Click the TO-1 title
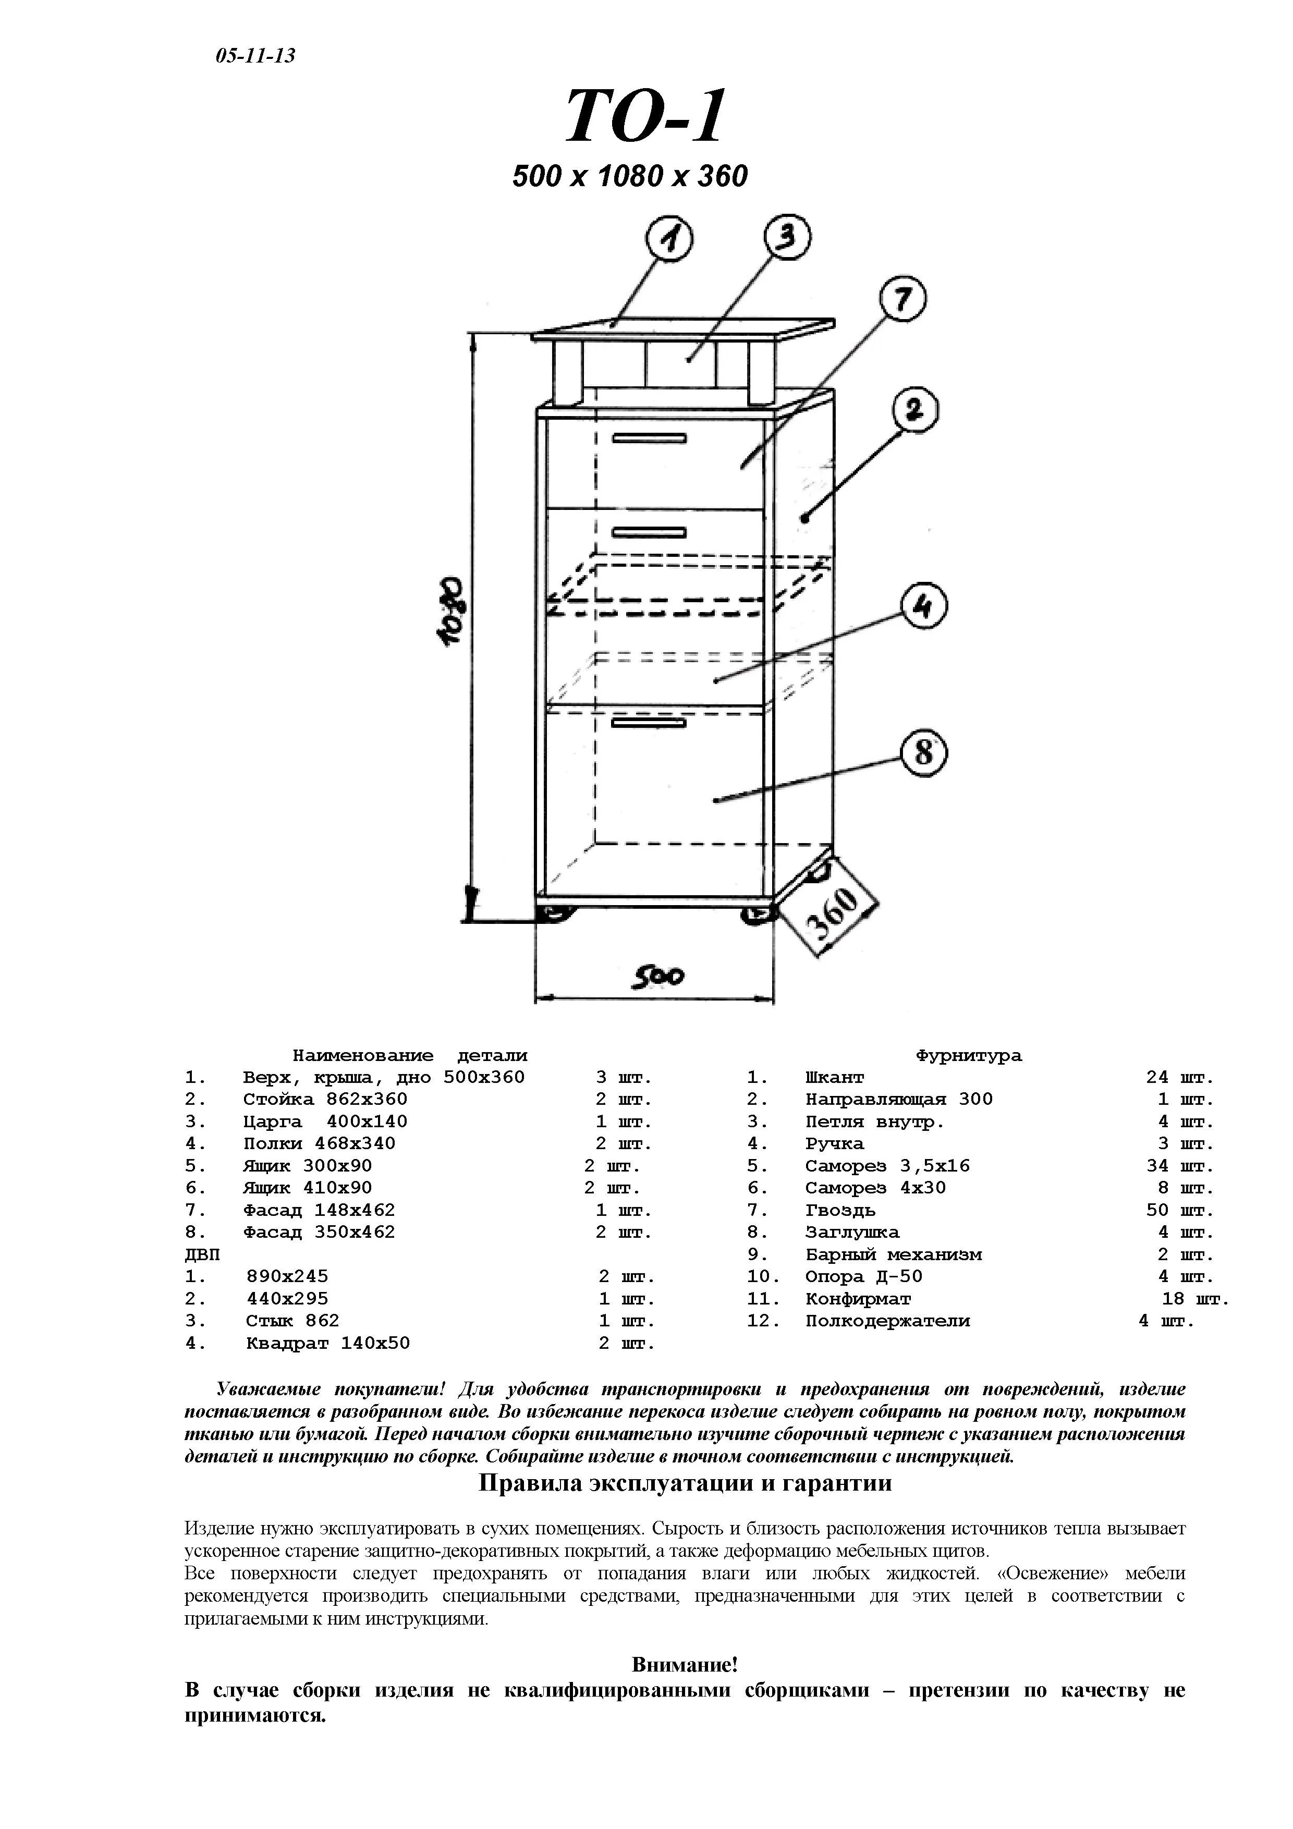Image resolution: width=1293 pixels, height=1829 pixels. click(x=646, y=116)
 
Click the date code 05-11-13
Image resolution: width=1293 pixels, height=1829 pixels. click(x=255, y=56)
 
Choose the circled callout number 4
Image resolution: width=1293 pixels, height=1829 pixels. click(x=923, y=608)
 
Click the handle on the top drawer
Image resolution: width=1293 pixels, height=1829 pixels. click(x=649, y=438)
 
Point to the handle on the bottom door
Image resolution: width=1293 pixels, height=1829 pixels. click(x=649, y=723)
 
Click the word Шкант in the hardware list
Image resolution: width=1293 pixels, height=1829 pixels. click(x=834, y=1078)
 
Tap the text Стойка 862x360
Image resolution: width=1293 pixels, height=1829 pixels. click(x=325, y=1099)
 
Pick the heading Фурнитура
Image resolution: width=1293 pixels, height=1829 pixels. click(x=969, y=1055)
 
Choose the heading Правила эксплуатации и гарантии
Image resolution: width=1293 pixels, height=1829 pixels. click(x=685, y=1483)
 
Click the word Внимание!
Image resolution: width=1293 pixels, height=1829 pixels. click(x=685, y=1665)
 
